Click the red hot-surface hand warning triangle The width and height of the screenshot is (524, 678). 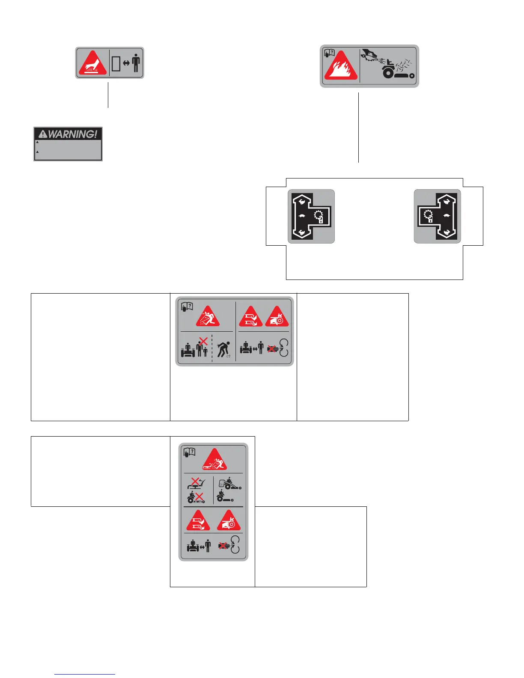pos(92,63)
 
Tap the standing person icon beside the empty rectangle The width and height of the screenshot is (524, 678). pos(136,63)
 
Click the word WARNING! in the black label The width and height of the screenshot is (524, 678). pos(72,134)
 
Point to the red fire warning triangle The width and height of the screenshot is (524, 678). pos(341,66)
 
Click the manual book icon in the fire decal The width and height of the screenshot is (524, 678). pos(329,54)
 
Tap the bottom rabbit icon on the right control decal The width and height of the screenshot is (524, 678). pos(447,232)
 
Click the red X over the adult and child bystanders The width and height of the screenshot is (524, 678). pos(203,341)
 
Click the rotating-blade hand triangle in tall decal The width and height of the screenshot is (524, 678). pos(229,521)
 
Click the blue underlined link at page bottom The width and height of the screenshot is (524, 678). pos(85,674)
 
